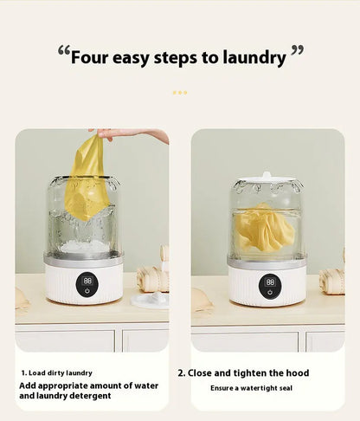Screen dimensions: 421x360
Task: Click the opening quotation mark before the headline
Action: pos(63,52)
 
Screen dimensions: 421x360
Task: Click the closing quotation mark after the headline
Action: pos(297,52)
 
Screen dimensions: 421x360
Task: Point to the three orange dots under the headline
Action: pos(179,91)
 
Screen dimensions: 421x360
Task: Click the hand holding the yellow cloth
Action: pos(130,135)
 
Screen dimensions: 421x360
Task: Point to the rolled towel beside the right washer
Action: pos(331,280)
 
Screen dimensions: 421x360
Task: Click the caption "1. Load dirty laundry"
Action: pos(57,372)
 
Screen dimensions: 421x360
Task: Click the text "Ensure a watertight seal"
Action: pos(251,388)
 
